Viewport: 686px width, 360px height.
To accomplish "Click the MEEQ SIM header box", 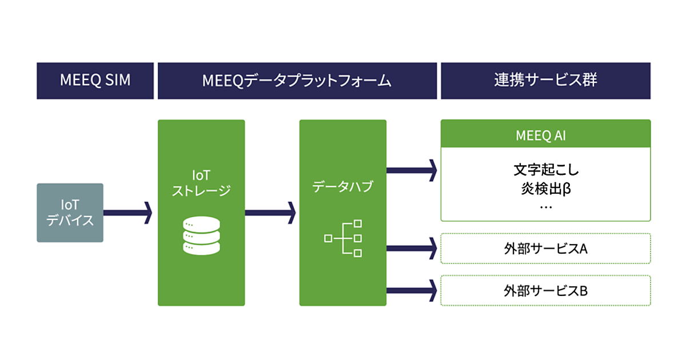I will click(95, 81).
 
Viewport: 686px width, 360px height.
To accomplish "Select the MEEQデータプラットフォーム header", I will click(297, 81).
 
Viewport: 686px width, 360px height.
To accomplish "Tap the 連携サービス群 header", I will click(545, 81).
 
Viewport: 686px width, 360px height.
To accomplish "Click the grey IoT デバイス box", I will click(70, 213).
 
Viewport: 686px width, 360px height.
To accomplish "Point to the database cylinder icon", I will click(201, 235).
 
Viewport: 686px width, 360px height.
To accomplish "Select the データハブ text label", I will click(342, 186).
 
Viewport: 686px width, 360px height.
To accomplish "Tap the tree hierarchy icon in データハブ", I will click(343, 237).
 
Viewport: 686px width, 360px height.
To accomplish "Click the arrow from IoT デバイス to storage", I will click(127, 213).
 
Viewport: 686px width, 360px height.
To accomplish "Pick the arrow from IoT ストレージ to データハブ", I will click(270, 213).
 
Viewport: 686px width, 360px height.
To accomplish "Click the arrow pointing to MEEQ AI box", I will click(412, 169).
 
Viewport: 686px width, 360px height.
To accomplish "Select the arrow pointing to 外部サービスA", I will click(412, 248).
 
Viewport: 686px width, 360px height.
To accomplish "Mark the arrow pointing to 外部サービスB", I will click(412, 290).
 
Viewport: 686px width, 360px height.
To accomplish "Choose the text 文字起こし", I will click(546, 170).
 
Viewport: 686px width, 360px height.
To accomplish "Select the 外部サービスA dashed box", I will click(545, 249).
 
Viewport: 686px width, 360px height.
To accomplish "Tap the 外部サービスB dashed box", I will click(545, 291).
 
